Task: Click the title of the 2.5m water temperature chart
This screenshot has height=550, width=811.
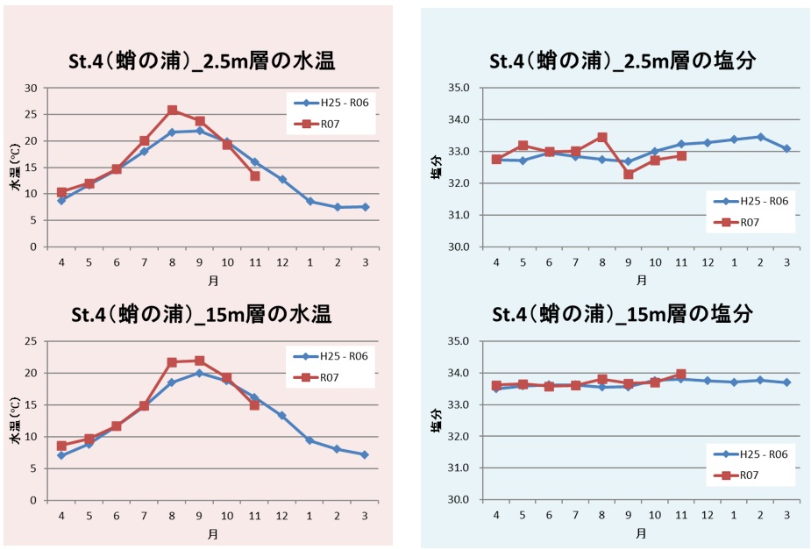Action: [x=203, y=61]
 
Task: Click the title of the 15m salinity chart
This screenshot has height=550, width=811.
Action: [x=622, y=314]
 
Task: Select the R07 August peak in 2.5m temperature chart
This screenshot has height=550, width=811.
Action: [x=172, y=111]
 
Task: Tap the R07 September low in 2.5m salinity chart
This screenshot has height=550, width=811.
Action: [x=628, y=174]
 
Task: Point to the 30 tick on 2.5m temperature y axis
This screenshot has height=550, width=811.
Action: [x=32, y=88]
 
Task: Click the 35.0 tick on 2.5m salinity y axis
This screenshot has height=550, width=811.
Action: [x=459, y=88]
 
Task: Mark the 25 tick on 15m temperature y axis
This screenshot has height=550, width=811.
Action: [x=32, y=341]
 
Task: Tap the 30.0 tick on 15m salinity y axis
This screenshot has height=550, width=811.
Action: [x=459, y=500]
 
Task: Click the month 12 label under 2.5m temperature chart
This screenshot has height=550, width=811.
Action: [x=282, y=261]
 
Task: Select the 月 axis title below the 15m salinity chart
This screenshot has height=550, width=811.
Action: [x=642, y=532]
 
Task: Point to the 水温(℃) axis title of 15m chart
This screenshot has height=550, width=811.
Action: [x=15, y=420]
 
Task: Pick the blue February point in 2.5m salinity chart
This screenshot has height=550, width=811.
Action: [x=760, y=137]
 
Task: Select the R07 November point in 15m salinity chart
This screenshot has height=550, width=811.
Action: [x=681, y=375]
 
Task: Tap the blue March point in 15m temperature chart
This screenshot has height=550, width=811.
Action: [x=365, y=454]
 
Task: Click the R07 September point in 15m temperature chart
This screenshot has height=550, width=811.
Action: [x=199, y=361]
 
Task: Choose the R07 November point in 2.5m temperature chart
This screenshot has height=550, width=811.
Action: [x=254, y=175]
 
